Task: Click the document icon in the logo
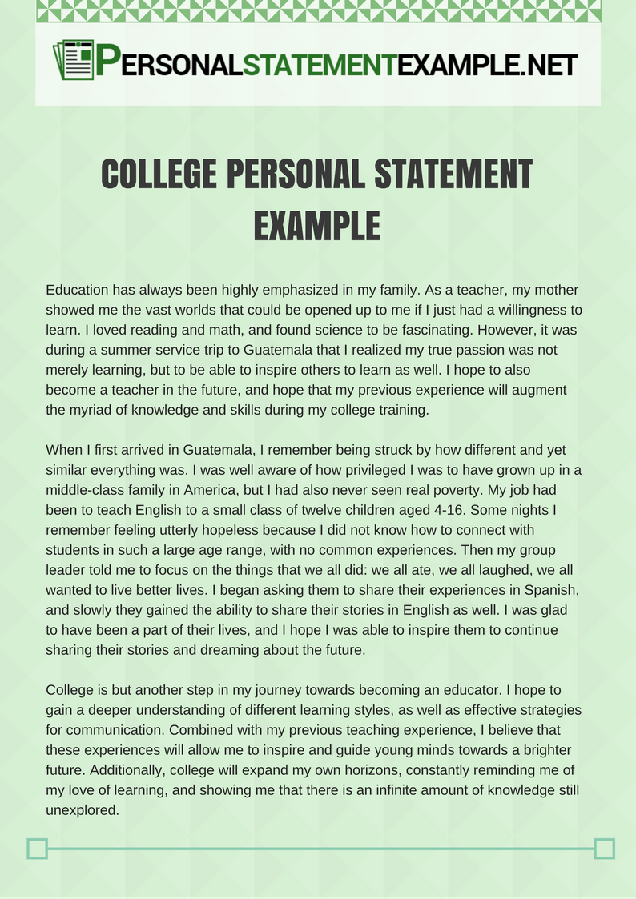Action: point(74,60)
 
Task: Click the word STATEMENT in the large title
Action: point(448,175)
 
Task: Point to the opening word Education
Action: point(79,289)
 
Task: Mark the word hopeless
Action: point(215,529)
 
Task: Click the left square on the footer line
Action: point(38,849)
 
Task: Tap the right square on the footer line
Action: point(605,849)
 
